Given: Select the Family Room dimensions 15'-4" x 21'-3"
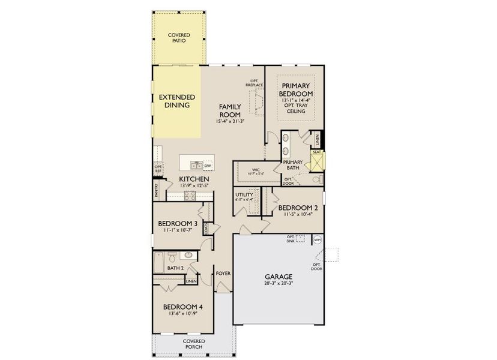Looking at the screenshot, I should pos(230,122).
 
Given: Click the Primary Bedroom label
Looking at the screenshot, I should pos(295,90).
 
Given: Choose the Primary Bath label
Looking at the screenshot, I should pos(293,165).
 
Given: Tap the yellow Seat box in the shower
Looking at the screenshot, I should pos(316,152).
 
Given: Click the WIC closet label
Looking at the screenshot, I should pos(256,170).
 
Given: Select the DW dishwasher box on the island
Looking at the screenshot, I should pos(208,166).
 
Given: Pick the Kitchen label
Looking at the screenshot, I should pos(194,179).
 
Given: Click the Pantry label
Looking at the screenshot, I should pos(156,191).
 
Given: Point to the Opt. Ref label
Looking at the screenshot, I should pos(158,169).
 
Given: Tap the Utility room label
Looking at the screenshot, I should pos(244,195).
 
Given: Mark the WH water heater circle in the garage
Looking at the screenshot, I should pos(318,240).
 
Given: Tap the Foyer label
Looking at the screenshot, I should pos(223,274).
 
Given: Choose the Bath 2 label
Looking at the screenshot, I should pos(175,268).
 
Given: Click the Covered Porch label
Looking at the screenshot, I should pos(193,344).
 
